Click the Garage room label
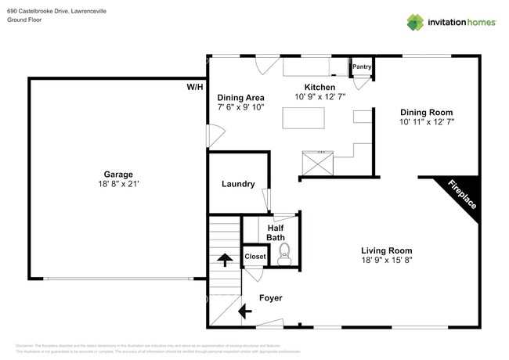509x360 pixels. (x=118, y=174)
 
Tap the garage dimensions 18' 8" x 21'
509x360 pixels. (x=118, y=185)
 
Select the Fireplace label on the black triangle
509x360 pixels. (x=462, y=195)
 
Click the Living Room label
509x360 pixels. (x=387, y=250)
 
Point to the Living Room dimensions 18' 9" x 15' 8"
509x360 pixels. (x=387, y=261)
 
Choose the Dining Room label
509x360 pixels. (x=427, y=111)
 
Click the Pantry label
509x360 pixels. (x=361, y=67)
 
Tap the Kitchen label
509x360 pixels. (x=320, y=87)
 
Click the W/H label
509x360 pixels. (x=194, y=87)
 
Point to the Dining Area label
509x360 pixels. (x=240, y=97)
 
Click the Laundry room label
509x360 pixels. (x=238, y=184)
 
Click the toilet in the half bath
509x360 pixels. (x=284, y=251)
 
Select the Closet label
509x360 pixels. (x=255, y=257)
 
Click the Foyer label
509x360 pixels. (x=270, y=298)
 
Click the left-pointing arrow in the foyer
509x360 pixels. (x=244, y=311)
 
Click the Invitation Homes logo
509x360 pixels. (x=449, y=22)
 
